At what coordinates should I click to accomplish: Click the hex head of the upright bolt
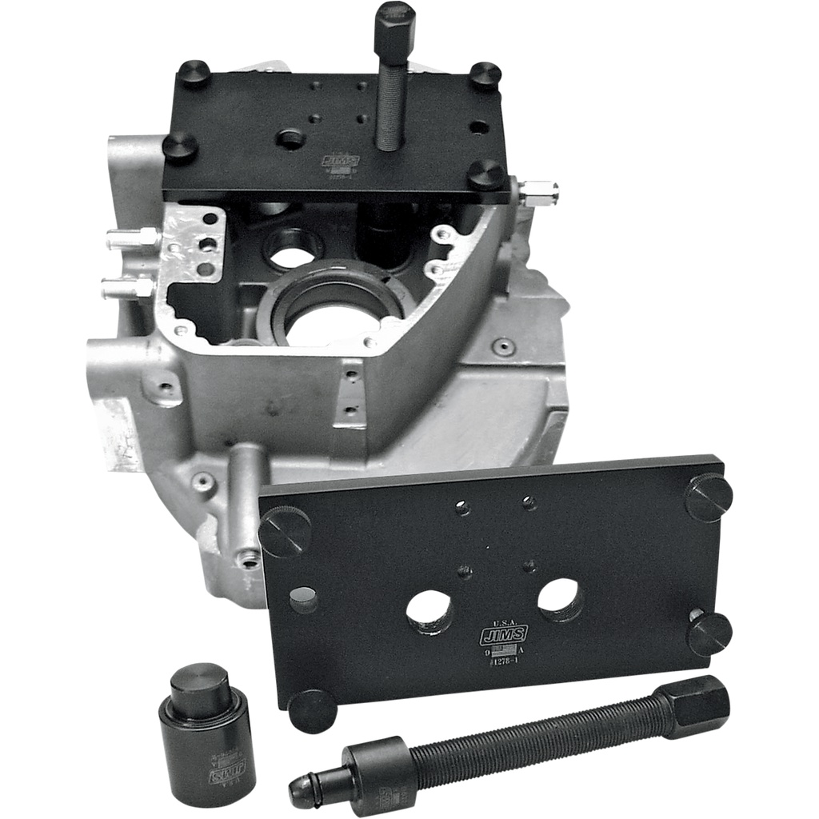[394, 22]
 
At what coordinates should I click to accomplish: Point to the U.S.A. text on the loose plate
[502, 621]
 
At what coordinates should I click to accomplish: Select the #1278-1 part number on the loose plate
[504, 661]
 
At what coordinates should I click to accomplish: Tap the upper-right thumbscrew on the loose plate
[709, 497]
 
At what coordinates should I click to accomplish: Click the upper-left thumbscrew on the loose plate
[285, 532]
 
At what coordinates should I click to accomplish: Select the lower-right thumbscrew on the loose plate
[709, 633]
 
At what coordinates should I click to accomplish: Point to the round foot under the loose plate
[312, 710]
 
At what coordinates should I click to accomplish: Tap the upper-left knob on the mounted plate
[193, 74]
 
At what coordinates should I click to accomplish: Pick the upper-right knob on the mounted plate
[485, 75]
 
